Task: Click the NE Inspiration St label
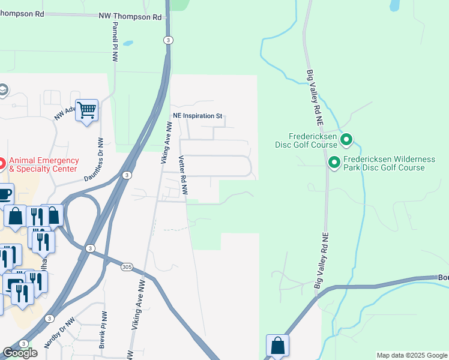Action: [197, 115]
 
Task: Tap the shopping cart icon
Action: [87, 110]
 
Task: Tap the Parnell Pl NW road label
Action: [113, 43]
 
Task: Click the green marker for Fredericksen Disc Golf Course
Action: [346, 140]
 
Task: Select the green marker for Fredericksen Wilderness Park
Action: [334, 162]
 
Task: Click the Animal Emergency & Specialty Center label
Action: [44, 164]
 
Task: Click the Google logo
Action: [20, 353]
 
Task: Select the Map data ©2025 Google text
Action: [411, 355]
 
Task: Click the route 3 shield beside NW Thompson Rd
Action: [168, 40]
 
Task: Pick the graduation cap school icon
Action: [2, 90]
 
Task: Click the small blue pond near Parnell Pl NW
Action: [128, 44]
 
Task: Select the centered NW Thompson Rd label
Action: [130, 17]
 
